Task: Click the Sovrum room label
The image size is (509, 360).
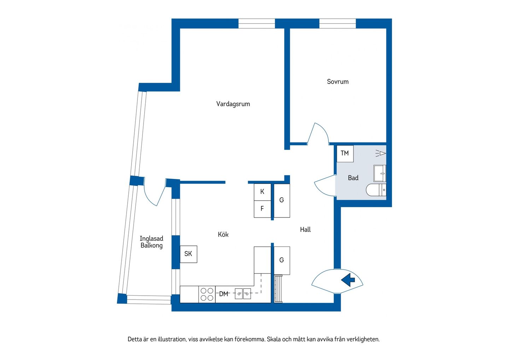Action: click(x=338, y=82)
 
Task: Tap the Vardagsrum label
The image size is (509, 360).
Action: click(x=233, y=104)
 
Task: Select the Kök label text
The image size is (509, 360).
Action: click(x=223, y=234)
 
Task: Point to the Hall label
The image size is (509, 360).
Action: click(x=305, y=230)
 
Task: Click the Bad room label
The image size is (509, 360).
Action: click(x=353, y=178)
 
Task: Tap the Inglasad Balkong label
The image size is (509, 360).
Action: click(x=152, y=242)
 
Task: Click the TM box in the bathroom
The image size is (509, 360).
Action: click(x=345, y=153)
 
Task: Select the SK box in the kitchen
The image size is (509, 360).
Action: click(x=188, y=254)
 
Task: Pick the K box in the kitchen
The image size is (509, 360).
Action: click(x=262, y=192)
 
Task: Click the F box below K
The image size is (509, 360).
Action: click(x=262, y=209)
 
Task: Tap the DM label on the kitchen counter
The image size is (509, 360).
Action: click(x=223, y=294)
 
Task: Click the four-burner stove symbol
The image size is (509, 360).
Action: click(x=207, y=294)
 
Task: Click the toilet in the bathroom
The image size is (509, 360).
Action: click(x=376, y=190)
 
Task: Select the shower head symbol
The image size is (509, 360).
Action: click(x=381, y=153)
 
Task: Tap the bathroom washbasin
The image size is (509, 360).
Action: click(x=380, y=173)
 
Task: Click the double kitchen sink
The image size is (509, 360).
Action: click(x=243, y=294)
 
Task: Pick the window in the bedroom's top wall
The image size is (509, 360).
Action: click(x=338, y=24)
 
